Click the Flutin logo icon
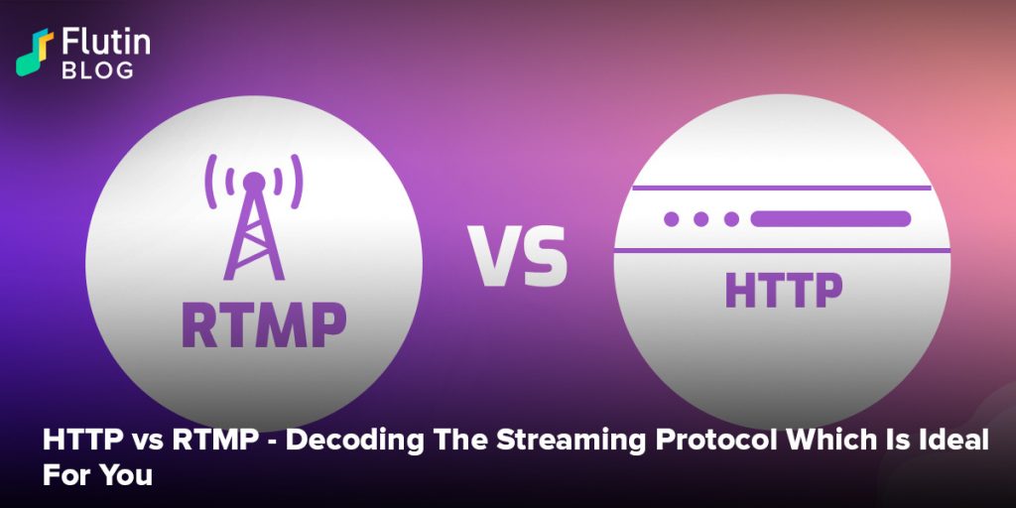point(35,53)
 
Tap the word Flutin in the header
point(106,43)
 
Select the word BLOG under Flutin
point(98,70)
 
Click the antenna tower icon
point(254,217)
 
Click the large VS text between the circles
point(518,256)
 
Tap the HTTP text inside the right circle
point(784,290)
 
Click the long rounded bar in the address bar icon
point(830,219)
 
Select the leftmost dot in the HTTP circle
point(672,219)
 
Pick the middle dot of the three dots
point(701,219)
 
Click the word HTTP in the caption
point(81,442)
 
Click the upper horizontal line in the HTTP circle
point(782,188)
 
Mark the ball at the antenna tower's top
point(254,182)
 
